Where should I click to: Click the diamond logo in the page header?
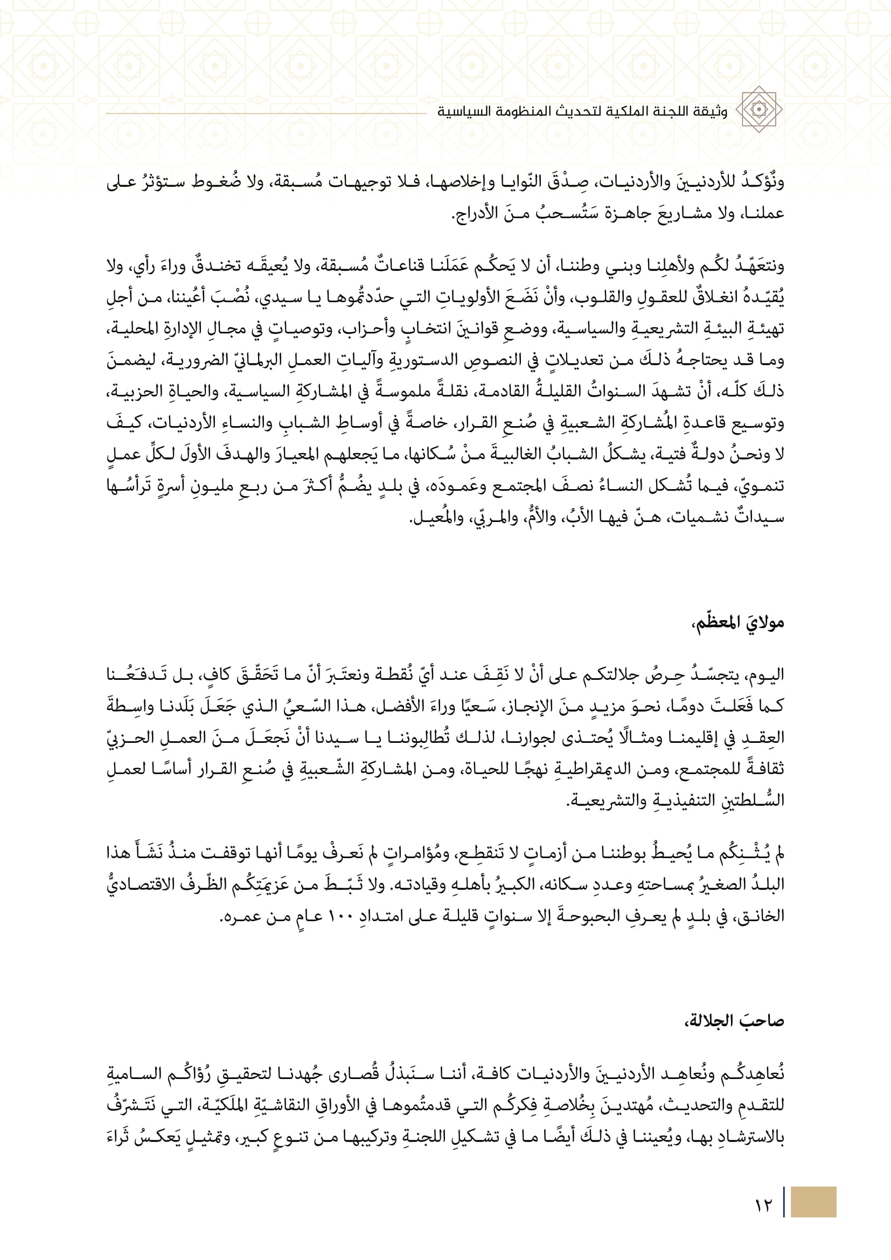(x=758, y=109)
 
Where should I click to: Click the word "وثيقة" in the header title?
(x=712, y=112)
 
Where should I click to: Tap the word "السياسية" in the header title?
(x=457, y=112)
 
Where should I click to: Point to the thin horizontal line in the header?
(x=266, y=114)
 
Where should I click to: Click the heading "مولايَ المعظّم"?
(x=738, y=623)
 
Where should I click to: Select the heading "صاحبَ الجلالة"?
(x=735, y=1021)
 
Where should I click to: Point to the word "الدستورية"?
(x=422, y=360)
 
